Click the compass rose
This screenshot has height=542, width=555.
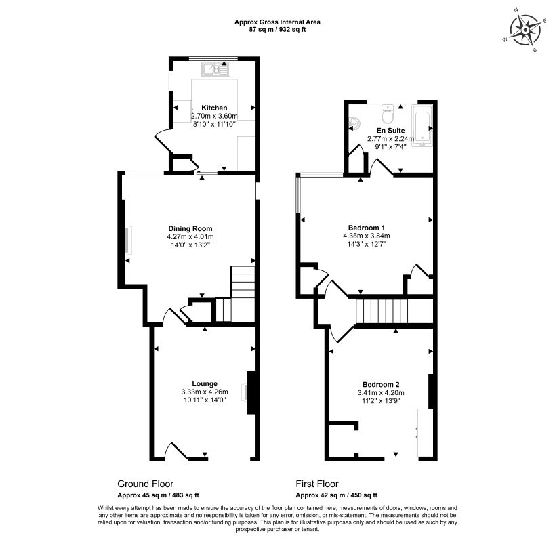(x=525, y=30)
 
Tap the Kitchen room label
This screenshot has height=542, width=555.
(x=214, y=108)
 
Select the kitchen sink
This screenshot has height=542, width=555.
(x=216, y=69)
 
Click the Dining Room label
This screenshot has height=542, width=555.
(x=190, y=228)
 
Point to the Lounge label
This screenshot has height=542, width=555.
(x=205, y=383)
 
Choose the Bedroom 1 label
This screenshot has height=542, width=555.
(x=367, y=228)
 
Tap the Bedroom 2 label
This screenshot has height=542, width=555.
(x=381, y=384)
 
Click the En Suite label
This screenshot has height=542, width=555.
(x=391, y=131)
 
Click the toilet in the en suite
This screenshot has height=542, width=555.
(x=388, y=114)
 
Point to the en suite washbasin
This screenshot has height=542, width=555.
(x=355, y=123)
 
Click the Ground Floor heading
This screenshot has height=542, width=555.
(x=146, y=484)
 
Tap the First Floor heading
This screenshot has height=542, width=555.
(x=317, y=484)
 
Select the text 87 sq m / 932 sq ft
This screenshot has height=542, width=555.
(x=278, y=30)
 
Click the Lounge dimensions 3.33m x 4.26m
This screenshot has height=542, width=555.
(x=205, y=392)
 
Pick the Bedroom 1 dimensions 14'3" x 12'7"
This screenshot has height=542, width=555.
(x=367, y=244)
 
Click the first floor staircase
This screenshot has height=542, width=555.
(x=382, y=312)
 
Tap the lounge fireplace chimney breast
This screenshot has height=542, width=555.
(x=251, y=392)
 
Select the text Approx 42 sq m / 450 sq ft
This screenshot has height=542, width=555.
(x=337, y=495)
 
